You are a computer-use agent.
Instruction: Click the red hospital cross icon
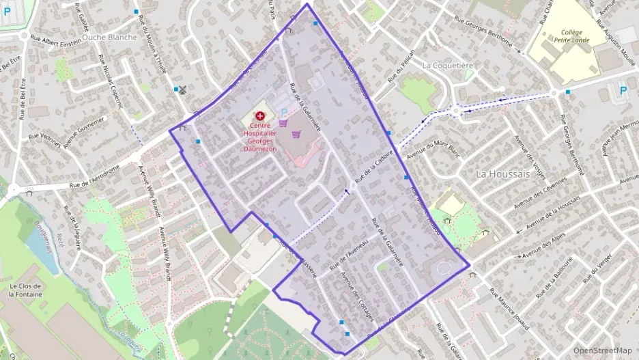(259, 117)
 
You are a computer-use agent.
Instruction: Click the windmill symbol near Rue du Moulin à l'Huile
(182, 89)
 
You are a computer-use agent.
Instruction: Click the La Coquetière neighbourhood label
(447, 66)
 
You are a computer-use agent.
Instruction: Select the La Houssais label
(502, 174)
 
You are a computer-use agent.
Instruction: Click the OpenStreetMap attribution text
(602, 350)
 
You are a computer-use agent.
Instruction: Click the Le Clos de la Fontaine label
(25, 290)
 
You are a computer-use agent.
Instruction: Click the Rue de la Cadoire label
(375, 165)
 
